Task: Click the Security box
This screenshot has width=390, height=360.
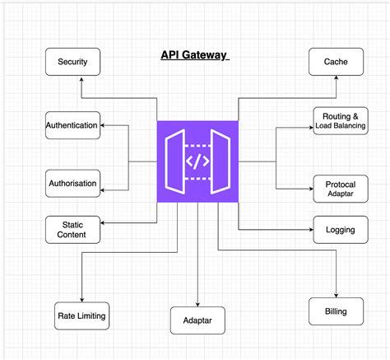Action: click(72, 62)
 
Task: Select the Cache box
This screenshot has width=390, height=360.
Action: click(336, 62)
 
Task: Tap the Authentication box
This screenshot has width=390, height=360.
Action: click(72, 125)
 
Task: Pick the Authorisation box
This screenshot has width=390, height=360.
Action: click(72, 183)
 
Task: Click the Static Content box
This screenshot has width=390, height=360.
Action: click(72, 229)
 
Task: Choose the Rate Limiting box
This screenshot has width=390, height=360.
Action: click(81, 315)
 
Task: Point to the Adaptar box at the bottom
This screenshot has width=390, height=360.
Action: click(197, 320)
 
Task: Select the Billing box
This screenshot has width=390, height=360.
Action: click(336, 311)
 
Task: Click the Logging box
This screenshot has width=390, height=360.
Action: click(340, 229)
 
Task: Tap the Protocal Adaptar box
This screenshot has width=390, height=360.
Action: click(340, 189)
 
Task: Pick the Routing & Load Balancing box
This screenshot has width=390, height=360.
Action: click(340, 120)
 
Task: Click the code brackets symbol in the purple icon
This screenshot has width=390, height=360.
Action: click(197, 161)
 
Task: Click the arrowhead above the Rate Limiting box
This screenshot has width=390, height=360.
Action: click(81, 298)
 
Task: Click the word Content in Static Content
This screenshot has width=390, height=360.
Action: click(72, 235)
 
